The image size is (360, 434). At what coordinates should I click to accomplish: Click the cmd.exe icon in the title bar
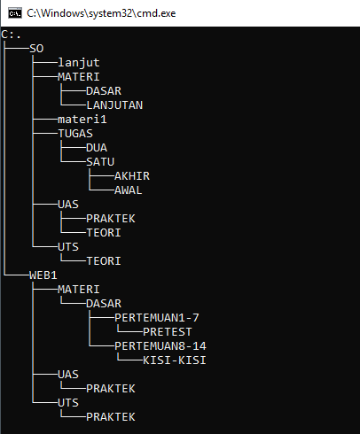12,12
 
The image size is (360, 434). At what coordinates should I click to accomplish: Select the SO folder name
36,48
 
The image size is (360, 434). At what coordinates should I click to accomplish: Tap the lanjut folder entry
79,62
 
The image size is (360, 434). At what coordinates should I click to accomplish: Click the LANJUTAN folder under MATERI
114,105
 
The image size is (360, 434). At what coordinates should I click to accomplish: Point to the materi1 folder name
82,119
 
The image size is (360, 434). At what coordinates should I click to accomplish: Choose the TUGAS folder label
75,133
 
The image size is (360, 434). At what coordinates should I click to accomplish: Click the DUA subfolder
97,147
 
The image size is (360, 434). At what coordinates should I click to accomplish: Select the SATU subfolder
100,161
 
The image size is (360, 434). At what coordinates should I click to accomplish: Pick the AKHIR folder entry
132,175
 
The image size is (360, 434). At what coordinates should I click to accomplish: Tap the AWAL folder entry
129,190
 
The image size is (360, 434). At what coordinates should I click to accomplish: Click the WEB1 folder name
43,275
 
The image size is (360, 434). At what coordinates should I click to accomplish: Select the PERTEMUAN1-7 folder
157,317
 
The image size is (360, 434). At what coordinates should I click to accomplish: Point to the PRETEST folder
168,331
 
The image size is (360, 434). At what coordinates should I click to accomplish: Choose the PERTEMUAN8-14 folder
160,345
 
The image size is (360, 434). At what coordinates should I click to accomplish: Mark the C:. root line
12,34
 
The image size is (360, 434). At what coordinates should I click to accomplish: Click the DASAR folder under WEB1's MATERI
104,303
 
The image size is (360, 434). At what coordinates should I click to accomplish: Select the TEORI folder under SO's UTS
104,260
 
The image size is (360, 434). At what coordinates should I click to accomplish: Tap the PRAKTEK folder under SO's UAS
111,218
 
